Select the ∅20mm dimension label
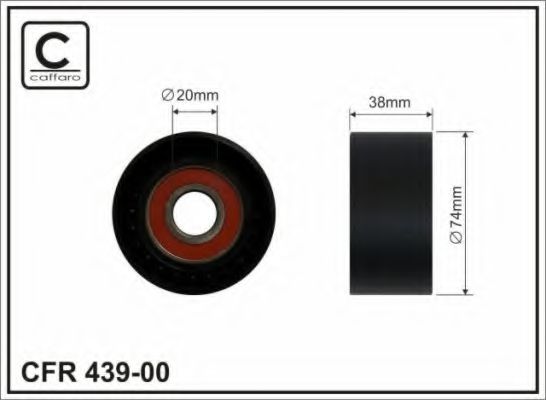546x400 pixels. [x=190, y=95]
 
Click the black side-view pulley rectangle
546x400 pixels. [x=389, y=213]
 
